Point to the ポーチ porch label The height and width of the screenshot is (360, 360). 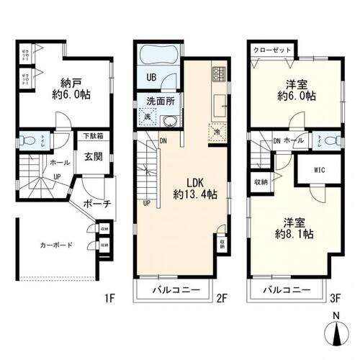point(95,203)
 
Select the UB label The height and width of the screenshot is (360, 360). point(153,77)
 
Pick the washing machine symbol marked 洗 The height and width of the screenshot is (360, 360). point(146,117)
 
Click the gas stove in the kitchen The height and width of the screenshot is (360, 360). point(219,73)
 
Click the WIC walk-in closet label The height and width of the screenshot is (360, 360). point(319,171)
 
